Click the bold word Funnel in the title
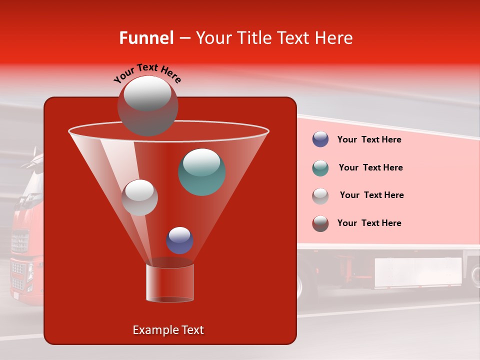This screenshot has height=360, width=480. coord(146,38)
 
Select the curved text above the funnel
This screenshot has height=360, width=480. coord(147,73)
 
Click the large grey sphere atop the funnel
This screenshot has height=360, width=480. coord(147,105)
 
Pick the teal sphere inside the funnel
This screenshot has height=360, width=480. coord(202,172)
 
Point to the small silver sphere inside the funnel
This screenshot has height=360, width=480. coord(140,197)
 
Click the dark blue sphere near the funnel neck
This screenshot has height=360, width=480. coord(180,240)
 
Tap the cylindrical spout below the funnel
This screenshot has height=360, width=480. coord(170,282)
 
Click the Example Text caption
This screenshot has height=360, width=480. coord(168,330)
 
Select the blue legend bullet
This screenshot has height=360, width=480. coord(320,139)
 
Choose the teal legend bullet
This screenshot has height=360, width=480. coord(320,168)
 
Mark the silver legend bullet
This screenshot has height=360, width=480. coord(320,196)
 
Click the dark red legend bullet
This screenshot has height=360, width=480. coord(320,223)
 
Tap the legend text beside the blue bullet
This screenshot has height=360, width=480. coord(369,140)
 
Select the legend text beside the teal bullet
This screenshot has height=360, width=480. coord(370,168)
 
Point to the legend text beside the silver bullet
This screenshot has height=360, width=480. coord(371,195)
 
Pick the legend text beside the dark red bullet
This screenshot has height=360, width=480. coord(369,223)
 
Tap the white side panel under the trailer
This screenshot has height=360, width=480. coord(418,273)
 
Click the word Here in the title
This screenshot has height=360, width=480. coord(334,38)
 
